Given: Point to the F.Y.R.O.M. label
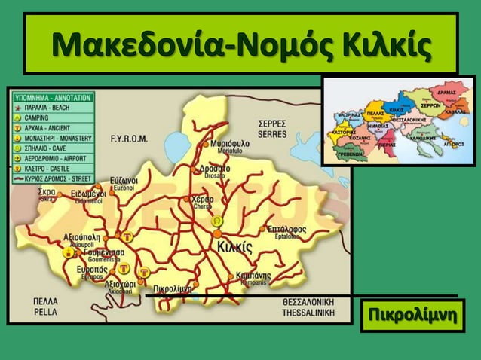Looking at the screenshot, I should pos(130,139).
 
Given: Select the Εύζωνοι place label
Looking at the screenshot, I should pos(123,182).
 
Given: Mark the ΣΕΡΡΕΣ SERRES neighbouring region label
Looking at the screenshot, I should pos(271,128).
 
